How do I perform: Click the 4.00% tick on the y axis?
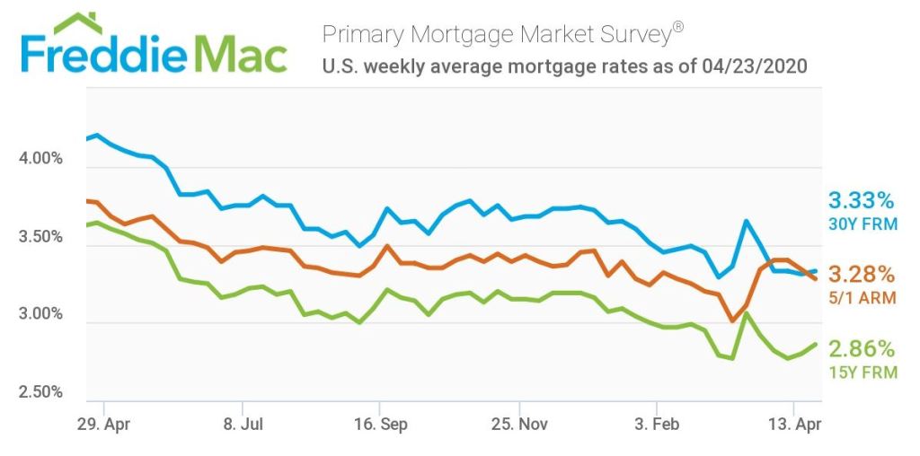[40, 159]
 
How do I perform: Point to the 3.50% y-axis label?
[40, 237]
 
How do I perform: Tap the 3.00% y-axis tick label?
[40, 314]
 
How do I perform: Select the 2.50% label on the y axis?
[40, 392]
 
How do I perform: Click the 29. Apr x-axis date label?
[104, 424]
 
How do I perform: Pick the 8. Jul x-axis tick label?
[242, 424]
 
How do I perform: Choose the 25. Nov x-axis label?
[519, 424]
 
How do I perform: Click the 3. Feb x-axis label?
[657, 424]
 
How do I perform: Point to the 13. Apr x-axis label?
[794, 424]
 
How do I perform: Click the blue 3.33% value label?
[861, 199]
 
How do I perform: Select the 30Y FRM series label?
[862, 224]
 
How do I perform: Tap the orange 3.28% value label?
[861, 273]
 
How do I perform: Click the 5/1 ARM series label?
[862, 297]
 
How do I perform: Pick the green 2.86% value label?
[861, 347]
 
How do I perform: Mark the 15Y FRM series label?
[862, 372]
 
